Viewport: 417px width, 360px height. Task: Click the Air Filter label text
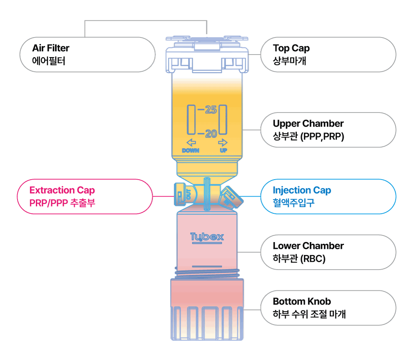[50, 48]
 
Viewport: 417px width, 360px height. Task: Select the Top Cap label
[291, 48]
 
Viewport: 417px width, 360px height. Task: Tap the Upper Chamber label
[308, 124]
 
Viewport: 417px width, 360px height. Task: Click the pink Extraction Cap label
[62, 190]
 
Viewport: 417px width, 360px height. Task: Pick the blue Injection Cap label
[302, 190]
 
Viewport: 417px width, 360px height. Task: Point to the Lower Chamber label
[308, 246]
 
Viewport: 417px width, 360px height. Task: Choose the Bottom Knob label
[302, 301]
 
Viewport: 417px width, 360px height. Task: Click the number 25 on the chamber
[211, 110]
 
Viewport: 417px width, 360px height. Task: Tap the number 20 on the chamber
[211, 134]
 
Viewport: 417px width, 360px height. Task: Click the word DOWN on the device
[191, 150]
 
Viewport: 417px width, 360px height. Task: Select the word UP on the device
[224, 150]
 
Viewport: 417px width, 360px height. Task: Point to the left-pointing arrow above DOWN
[191, 142]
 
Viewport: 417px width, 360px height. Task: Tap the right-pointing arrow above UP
[223, 142]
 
